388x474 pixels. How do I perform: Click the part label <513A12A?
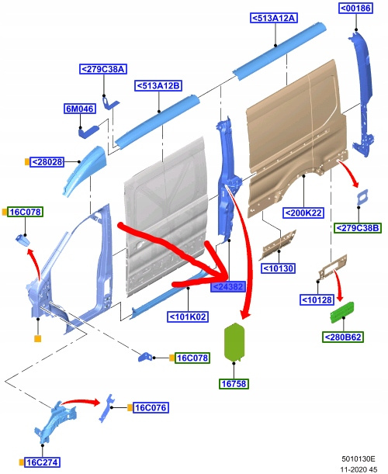[274, 18]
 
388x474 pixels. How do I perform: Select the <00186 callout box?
[355, 9]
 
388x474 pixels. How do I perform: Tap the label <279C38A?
[103, 69]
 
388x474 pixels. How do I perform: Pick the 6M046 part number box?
[80, 109]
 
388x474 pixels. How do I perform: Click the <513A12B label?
[158, 85]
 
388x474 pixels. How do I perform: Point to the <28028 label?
[47, 162]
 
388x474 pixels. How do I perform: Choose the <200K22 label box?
[303, 213]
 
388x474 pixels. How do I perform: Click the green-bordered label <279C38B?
[358, 227]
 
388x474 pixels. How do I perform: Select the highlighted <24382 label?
[228, 286]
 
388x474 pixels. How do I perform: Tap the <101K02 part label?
[188, 317]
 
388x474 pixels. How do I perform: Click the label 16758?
[234, 383]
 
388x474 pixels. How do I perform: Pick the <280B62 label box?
[343, 337]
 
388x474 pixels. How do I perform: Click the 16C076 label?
[151, 408]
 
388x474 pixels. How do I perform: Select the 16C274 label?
[42, 462]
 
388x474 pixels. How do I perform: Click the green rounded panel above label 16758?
[234, 341]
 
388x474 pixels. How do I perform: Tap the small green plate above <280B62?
[342, 312]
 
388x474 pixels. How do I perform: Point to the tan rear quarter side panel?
[297, 136]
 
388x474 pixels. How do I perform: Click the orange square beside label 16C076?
[130, 408]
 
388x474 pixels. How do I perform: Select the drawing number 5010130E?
[359, 459]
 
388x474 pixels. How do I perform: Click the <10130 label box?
[279, 268]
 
